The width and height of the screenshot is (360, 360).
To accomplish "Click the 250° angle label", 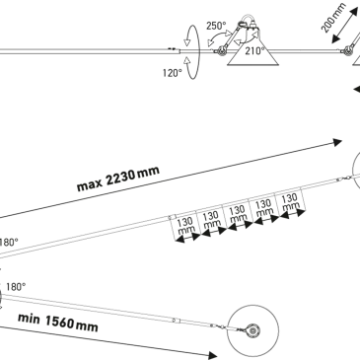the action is click(x=216, y=26).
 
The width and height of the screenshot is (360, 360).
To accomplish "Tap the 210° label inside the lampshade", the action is click(x=254, y=51).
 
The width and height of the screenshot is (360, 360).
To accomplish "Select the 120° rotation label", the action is click(x=172, y=73).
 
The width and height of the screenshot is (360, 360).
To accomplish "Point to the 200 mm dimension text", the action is click(x=333, y=18).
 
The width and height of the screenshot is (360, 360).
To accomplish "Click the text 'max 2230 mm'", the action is click(x=118, y=179).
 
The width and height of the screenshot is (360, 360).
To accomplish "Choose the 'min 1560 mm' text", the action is click(x=58, y=323).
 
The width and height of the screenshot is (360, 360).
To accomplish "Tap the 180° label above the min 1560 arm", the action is click(x=16, y=287).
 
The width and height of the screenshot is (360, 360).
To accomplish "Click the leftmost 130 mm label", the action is click(x=185, y=226).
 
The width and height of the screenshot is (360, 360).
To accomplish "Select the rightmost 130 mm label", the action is click(x=290, y=202).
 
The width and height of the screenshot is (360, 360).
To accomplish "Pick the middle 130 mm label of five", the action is click(x=237, y=214).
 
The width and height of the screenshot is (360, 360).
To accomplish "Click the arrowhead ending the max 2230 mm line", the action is click(x=337, y=142).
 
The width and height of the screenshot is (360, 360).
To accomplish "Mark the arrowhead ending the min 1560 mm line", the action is click(x=213, y=355).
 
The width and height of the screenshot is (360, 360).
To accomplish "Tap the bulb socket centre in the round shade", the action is click(x=253, y=330).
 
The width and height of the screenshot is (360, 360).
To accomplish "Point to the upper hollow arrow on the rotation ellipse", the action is click(x=187, y=41).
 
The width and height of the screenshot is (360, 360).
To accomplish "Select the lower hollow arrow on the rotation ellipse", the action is click(x=187, y=60).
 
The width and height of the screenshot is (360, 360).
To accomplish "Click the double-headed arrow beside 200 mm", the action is click(x=345, y=26).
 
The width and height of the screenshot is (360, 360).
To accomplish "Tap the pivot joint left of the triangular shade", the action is click(x=221, y=51).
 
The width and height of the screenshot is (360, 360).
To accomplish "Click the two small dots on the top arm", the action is click(x=172, y=48).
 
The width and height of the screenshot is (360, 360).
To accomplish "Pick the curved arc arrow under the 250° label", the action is click(x=218, y=39).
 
